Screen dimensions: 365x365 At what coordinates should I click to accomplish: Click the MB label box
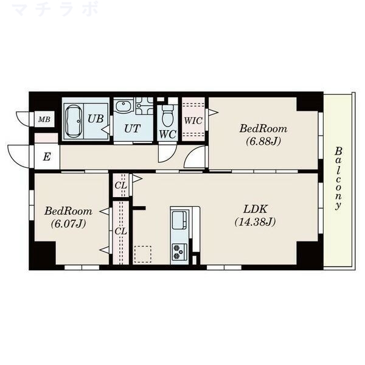[44, 119]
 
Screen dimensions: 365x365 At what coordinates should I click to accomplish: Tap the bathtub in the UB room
[74, 121]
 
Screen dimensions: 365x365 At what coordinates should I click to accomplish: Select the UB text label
[96, 119]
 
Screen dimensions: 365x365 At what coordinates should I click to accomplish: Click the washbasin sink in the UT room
[122, 106]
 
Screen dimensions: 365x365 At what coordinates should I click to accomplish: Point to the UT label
[132, 128]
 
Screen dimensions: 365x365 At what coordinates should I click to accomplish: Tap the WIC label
[193, 120]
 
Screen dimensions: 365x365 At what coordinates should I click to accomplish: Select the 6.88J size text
[263, 141]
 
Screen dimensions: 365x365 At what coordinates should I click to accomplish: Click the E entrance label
[47, 157]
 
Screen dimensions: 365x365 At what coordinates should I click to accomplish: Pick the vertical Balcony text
[338, 178]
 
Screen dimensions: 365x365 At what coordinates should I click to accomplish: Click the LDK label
[255, 209]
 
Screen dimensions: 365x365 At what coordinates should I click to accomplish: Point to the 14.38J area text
[255, 222]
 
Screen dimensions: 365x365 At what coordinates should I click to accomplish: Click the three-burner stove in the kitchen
[179, 252]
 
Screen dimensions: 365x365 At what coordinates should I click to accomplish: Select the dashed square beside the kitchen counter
[143, 254]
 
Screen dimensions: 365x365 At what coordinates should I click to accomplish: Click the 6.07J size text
[68, 224]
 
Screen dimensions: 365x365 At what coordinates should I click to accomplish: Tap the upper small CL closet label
[121, 186]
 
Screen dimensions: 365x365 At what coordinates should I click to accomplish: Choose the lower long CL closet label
[121, 231]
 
